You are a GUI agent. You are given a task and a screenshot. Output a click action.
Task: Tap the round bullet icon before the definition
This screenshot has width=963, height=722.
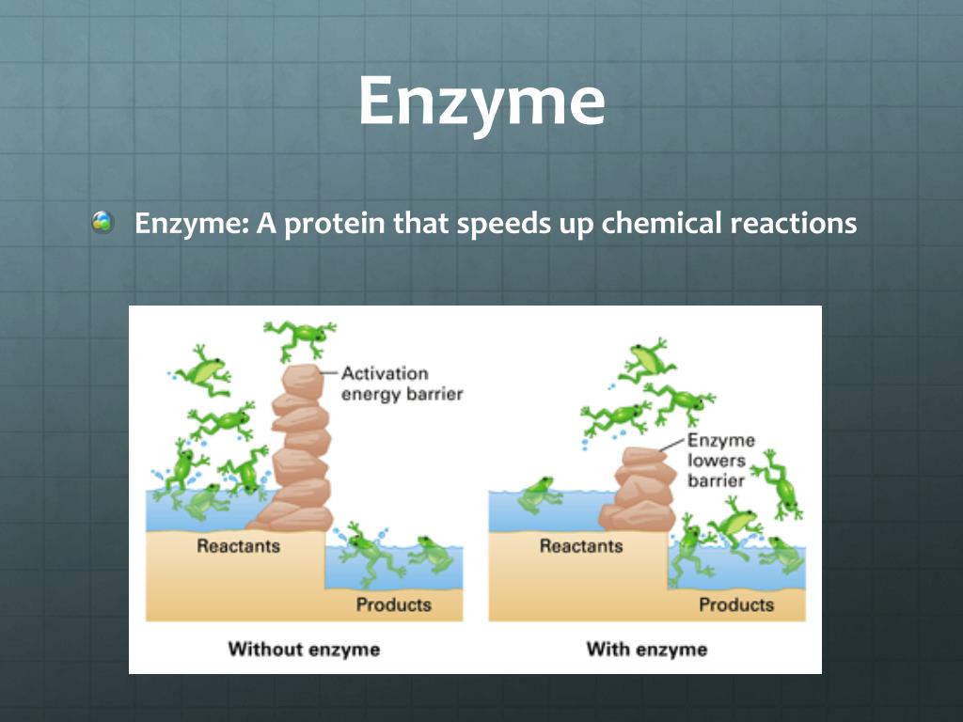pos(103,224)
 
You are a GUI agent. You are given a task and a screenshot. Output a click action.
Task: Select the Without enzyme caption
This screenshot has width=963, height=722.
pos(304,649)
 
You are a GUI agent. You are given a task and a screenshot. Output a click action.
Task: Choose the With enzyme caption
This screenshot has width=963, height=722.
pos(646,649)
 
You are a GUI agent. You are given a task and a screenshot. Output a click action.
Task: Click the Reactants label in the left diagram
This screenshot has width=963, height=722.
pos(238,545)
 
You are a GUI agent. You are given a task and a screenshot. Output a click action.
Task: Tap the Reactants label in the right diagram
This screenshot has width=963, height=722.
pos(580,545)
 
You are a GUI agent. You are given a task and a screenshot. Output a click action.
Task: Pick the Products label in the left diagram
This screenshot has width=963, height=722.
pos(393,604)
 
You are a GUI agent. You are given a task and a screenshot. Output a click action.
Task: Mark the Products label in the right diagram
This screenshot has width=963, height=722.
pos(736,604)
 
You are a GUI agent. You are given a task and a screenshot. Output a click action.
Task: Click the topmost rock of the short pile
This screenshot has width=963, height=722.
pos(644,457)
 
